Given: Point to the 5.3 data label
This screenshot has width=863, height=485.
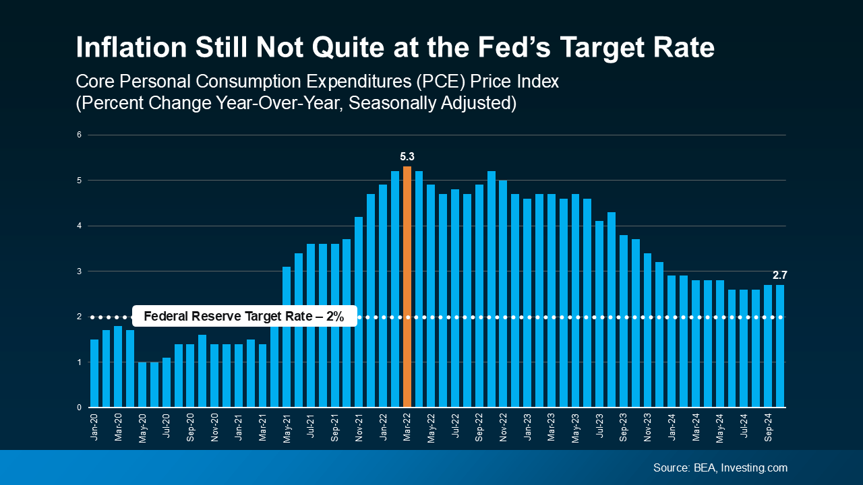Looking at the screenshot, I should pyautogui.click(x=407, y=156).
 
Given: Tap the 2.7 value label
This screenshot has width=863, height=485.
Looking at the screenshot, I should pyautogui.click(x=779, y=275).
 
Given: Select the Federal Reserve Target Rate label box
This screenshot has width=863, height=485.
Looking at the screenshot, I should pyautogui.click(x=244, y=317).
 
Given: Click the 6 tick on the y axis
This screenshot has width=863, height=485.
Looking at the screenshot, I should pyautogui.click(x=79, y=135).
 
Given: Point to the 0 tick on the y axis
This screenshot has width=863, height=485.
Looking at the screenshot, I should pyautogui.click(x=79, y=408).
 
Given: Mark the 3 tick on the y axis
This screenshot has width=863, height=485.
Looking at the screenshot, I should pyautogui.click(x=79, y=271).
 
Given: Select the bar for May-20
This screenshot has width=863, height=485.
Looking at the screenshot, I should pyautogui.click(x=142, y=385).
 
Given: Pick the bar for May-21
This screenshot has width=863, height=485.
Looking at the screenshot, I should pyautogui.click(x=287, y=337).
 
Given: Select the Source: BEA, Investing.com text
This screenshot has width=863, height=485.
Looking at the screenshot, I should pyautogui.click(x=720, y=467).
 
